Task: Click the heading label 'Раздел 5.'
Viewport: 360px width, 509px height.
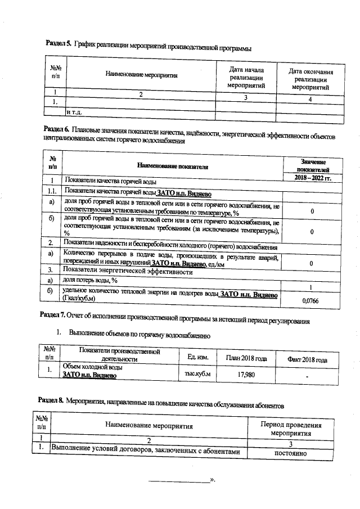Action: (x=57, y=44)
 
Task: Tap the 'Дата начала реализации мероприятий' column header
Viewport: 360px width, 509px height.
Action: (x=246, y=76)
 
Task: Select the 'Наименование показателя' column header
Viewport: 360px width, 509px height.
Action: (x=173, y=166)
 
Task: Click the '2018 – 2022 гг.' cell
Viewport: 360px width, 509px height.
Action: (x=313, y=178)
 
